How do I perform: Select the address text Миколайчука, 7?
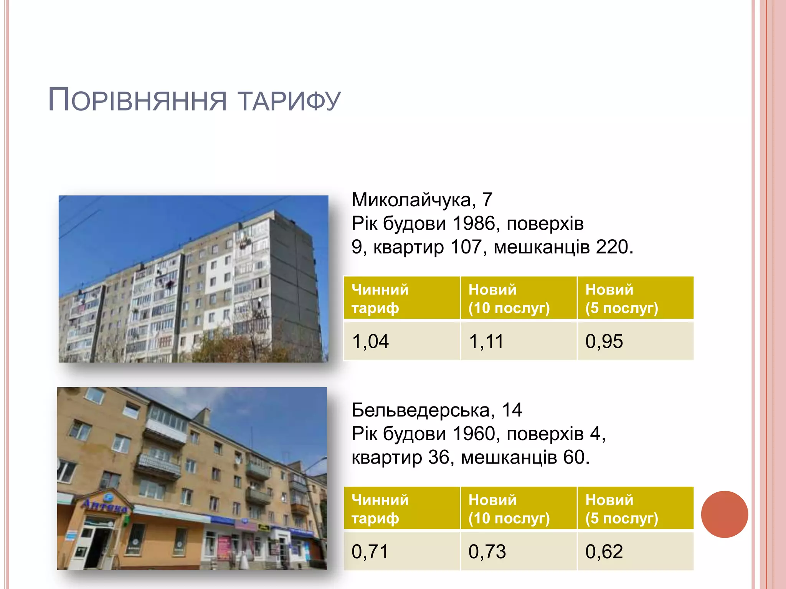422,200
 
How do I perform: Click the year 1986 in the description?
474,223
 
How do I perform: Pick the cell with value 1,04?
401,341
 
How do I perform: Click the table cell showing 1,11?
518,341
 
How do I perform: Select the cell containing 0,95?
635,341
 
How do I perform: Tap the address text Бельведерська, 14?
437,410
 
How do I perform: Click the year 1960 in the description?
474,434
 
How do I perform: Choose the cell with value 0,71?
401,551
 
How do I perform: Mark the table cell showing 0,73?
518,551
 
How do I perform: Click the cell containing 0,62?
635,551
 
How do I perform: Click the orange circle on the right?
724,514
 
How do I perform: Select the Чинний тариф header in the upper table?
401,298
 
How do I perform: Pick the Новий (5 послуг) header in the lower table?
635,508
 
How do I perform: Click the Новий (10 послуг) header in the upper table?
518,298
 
